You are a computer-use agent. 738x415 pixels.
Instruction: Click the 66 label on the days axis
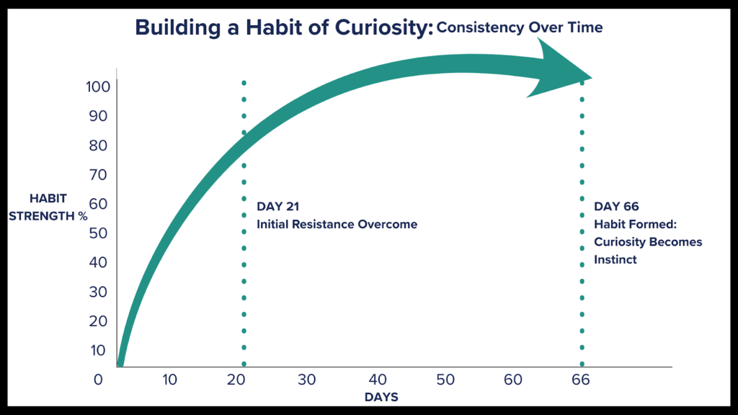[x=581, y=379]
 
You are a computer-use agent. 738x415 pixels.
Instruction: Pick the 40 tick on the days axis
[x=376, y=379]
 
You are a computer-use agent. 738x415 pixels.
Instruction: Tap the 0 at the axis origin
[x=98, y=379]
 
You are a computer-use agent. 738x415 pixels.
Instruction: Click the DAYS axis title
[x=381, y=397]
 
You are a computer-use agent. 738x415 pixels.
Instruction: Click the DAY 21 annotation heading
[x=277, y=207]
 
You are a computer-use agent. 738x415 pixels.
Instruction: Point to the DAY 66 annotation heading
[x=616, y=207]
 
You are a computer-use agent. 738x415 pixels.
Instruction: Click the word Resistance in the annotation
[x=324, y=225]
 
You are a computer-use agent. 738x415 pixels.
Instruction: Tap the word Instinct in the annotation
[x=615, y=259]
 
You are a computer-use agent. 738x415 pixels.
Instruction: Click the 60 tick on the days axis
[x=512, y=379]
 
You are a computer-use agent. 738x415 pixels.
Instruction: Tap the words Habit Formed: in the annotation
[x=633, y=225]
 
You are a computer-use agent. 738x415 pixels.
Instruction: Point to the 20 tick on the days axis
[x=239, y=379]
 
